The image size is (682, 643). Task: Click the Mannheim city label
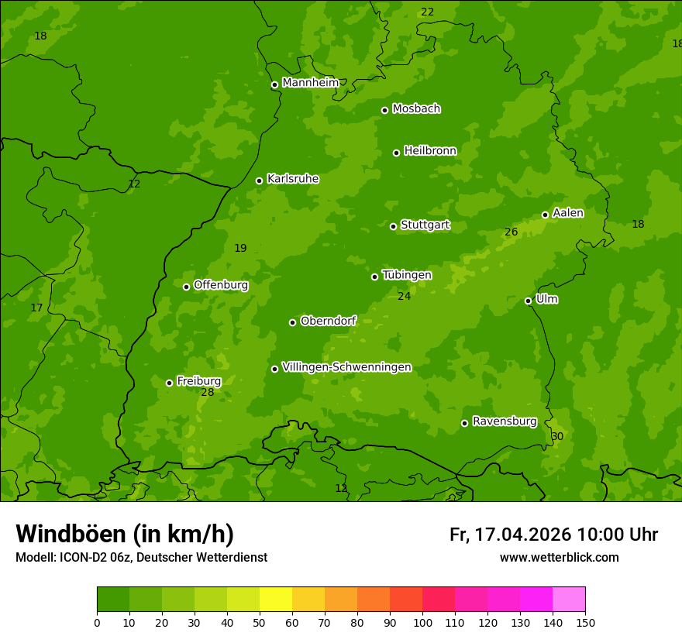pyautogui.click(x=310, y=83)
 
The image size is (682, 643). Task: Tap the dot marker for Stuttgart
pyautogui.click(x=393, y=226)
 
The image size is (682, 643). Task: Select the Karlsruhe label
pyautogui.click(x=292, y=179)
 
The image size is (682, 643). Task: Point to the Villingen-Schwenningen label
pyautogui.click(x=346, y=367)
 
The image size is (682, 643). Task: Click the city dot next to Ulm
pyautogui.click(x=528, y=301)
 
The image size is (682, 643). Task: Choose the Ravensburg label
pyautogui.click(x=504, y=421)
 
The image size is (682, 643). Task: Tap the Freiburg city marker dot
pyautogui.click(x=169, y=383)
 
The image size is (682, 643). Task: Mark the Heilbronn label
pyautogui.click(x=429, y=151)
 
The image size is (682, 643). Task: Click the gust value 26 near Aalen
pyautogui.click(x=511, y=232)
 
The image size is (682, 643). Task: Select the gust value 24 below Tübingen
pyautogui.click(x=404, y=296)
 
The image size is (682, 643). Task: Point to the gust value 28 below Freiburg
pyautogui.click(x=207, y=393)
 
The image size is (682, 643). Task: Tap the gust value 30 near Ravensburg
pyautogui.click(x=557, y=437)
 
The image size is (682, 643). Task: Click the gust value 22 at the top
pyautogui.click(x=427, y=12)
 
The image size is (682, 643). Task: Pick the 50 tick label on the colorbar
pyautogui.click(x=260, y=623)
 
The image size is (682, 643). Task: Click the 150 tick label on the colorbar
pyautogui.click(x=585, y=623)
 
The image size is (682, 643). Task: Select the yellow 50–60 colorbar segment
pyautogui.click(x=276, y=600)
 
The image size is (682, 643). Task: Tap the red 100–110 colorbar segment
pyautogui.click(x=439, y=600)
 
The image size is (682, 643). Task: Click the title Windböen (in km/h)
pyautogui.click(x=125, y=534)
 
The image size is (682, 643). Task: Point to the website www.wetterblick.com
pyautogui.click(x=559, y=558)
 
